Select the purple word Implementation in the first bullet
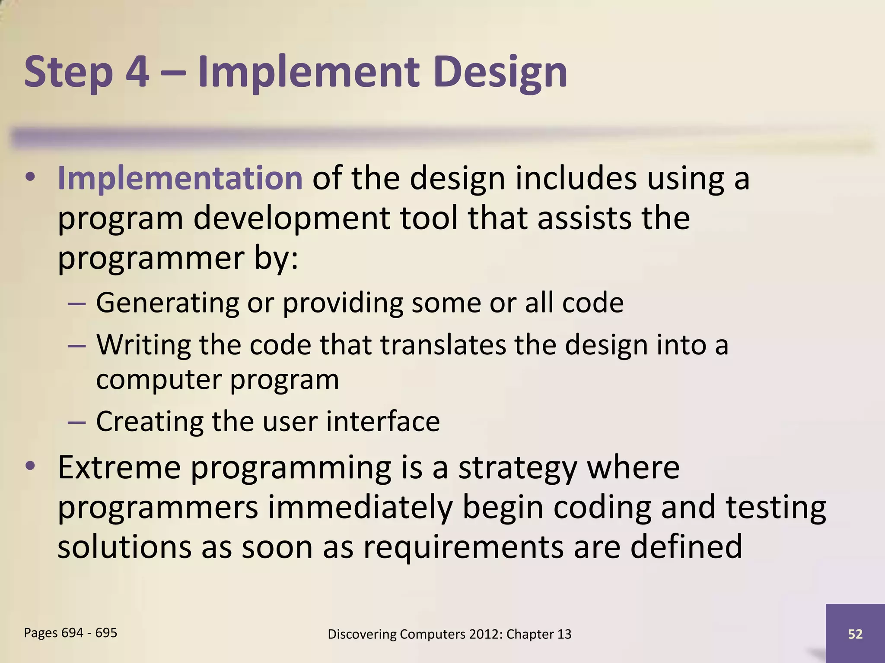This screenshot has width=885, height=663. tap(180, 178)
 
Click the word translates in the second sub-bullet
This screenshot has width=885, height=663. tap(443, 345)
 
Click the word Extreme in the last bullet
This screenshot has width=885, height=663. tap(119, 467)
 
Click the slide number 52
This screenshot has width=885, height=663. tap(855, 634)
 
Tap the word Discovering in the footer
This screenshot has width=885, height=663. tap(362, 634)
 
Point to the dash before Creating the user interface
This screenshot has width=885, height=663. tap(76, 422)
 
